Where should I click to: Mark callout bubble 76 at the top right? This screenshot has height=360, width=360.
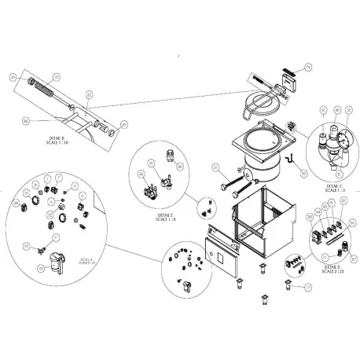click(x=307, y=69)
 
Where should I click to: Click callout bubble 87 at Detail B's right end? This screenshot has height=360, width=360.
click(x=123, y=123)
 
